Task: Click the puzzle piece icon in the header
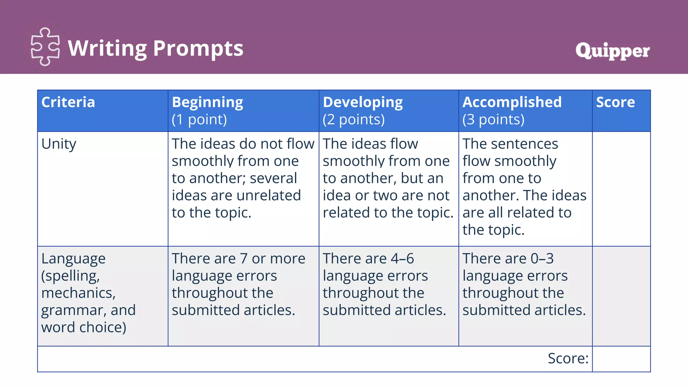pyautogui.click(x=45, y=47)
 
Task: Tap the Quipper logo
pyautogui.click(x=612, y=51)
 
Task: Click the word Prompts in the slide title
pyautogui.click(x=198, y=48)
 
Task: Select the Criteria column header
pyautogui.click(x=68, y=102)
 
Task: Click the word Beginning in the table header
pyautogui.click(x=208, y=102)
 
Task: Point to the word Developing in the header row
pyautogui.click(x=363, y=102)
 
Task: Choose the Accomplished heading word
pyautogui.click(x=512, y=102)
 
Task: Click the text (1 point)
pyautogui.click(x=200, y=120)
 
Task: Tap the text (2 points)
pyautogui.click(x=354, y=120)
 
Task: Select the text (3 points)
pyautogui.click(x=493, y=120)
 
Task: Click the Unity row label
pyautogui.click(x=59, y=144)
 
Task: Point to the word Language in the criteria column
pyautogui.click(x=74, y=259)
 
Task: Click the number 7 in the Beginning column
pyautogui.click(x=244, y=259)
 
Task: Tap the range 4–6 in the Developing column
pyautogui.click(x=402, y=259)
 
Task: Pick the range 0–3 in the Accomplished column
pyautogui.click(x=542, y=259)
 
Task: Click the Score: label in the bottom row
pyautogui.click(x=568, y=358)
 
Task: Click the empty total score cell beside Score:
pyautogui.click(x=621, y=359)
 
